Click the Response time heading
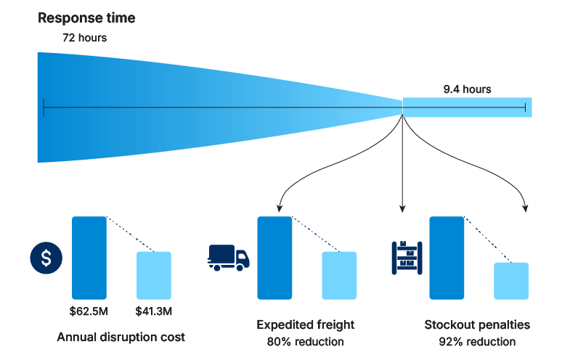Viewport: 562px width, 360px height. click(x=86, y=18)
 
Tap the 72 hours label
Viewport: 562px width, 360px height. click(x=84, y=38)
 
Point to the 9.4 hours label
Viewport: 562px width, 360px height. click(x=467, y=89)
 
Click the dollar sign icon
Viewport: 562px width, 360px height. click(x=46, y=258)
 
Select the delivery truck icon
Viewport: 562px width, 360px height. click(x=229, y=258)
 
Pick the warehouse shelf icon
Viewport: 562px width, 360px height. click(x=407, y=258)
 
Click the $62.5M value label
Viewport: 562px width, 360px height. click(x=89, y=311)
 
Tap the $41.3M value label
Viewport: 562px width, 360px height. click(x=154, y=311)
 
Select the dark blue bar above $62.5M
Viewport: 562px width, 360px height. click(x=89, y=258)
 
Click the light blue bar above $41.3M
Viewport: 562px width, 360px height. click(x=154, y=276)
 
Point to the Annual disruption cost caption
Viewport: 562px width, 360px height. click(x=121, y=337)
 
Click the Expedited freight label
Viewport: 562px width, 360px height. click(x=306, y=324)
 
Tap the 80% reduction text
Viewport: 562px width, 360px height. click(x=306, y=342)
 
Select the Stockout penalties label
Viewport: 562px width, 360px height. click(x=477, y=324)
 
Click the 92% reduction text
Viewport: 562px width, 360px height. click(x=477, y=342)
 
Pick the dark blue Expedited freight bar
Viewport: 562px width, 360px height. click(x=274, y=258)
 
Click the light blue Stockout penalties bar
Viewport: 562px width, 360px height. click(x=511, y=281)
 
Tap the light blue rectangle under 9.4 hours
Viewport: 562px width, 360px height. click(x=468, y=107)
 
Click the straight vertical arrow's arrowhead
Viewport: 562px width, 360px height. click(x=402, y=209)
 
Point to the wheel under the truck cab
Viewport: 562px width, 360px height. click(x=240, y=267)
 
